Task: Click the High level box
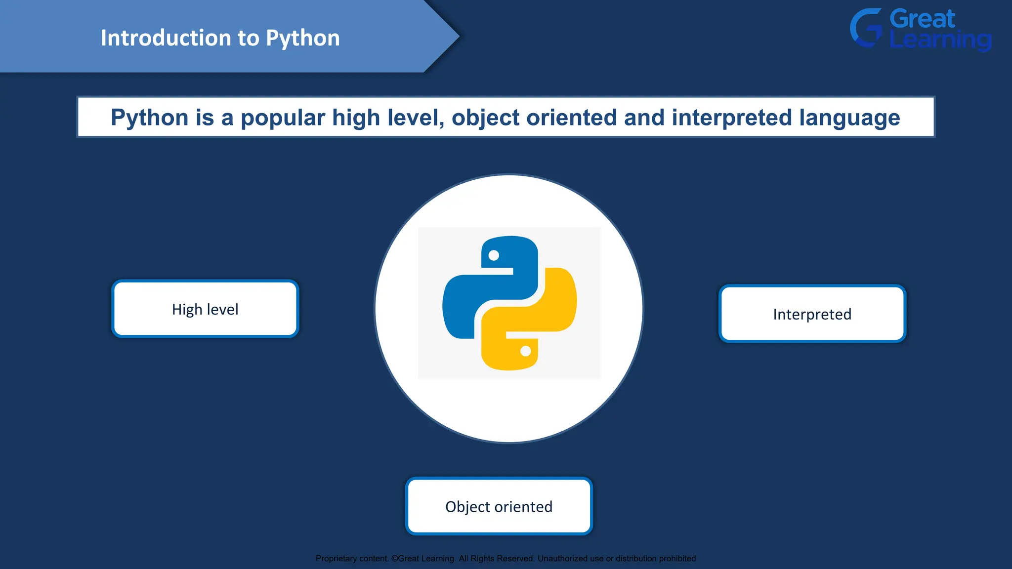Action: [205, 309]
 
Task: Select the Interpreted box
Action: [812, 314]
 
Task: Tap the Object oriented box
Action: [499, 506]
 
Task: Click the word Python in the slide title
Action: [302, 39]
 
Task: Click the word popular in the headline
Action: [283, 118]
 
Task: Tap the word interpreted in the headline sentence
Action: [731, 118]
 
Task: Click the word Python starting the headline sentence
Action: [150, 118]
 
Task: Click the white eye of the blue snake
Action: [494, 255]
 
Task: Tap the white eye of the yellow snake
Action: [526, 351]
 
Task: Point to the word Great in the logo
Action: [922, 19]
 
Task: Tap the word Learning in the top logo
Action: [940, 40]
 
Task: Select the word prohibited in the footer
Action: [677, 559]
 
